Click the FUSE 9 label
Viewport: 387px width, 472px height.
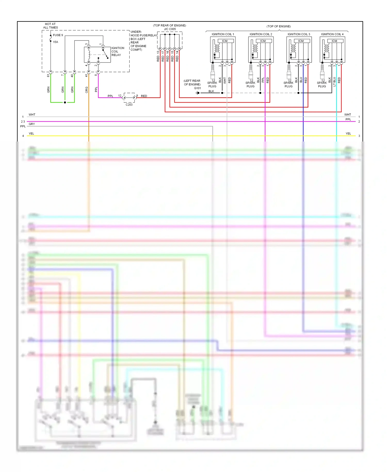pos(58,35)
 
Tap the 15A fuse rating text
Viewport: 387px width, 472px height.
pos(55,42)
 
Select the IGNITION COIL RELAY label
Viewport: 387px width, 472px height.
pos(118,51)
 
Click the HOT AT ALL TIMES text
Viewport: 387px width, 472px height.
pos(50,26)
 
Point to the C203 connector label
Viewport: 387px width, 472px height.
pos(129,105)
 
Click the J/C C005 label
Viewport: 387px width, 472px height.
pos(170,29)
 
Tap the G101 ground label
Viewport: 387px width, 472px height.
pos(197,88)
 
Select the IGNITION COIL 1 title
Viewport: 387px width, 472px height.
pos(223,34)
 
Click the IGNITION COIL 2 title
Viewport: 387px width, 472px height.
pos(261,34)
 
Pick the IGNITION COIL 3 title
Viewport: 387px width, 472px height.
pos(299,34)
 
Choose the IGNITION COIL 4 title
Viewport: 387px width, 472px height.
pos(332,34)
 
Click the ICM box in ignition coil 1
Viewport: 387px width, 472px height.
pos(225,41)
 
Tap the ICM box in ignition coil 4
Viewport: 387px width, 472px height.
pos(334,41)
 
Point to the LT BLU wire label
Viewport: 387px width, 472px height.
pos(334,81)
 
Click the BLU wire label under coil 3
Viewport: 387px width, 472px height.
pos(301,80)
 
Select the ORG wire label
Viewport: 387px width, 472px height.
pos(87,90)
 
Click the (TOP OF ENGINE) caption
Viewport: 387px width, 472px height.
pos(279,26)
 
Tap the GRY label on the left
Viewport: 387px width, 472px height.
pos(32,124)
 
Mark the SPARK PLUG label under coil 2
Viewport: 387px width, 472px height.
pos(250,84)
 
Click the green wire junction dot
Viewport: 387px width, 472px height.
pos(65,103)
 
